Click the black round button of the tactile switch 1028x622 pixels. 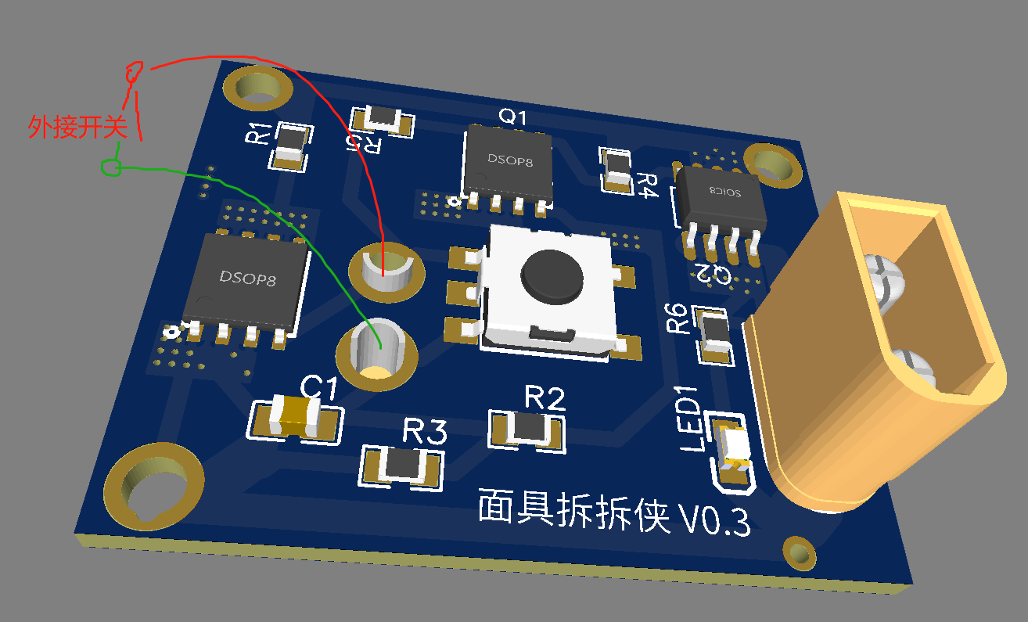pyautogui.click(x=552, y=277)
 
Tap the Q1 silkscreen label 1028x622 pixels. pyautogui.click(x=512, y=117)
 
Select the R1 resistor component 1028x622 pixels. pyautogui.click(x=290, y=147)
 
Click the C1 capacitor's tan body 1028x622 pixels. pyautogui.click(x=294, y=416)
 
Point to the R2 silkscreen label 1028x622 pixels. pyautogui.click(x=545, y=397)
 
